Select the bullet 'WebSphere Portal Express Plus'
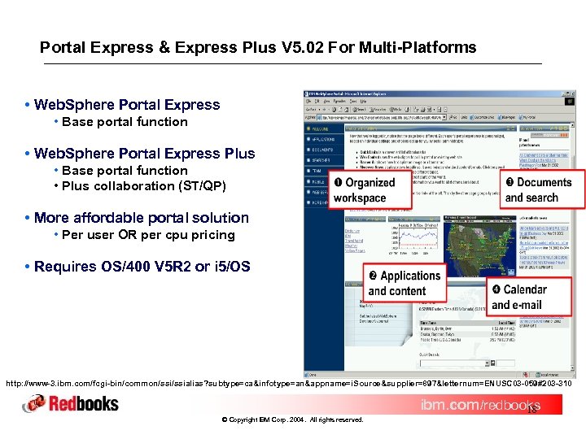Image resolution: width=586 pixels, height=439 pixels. pyautogui.click(x=144, y=154)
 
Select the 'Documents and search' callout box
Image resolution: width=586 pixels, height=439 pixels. pyautogui.click(x=538, y=190)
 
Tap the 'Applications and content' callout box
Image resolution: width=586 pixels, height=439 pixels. pyautogui.click(x=404, y=283)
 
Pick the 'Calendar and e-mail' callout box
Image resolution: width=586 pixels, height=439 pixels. pyautogui.click(x=529, y=297)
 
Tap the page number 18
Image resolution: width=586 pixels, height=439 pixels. pyautogui.click(x=530, y=413)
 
